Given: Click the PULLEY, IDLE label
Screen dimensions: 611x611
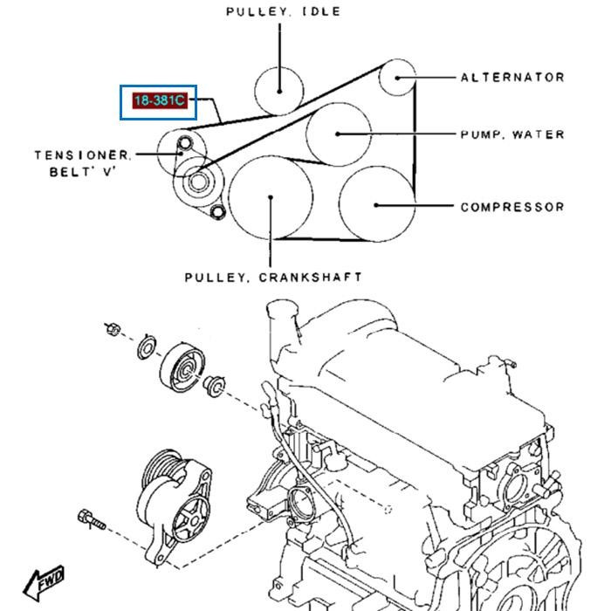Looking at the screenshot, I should coord(283,12).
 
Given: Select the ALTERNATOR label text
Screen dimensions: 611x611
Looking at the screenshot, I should coord(512,77).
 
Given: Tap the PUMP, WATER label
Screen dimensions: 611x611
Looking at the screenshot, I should coord(512,134).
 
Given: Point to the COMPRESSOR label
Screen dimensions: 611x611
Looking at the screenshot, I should coord(512,207).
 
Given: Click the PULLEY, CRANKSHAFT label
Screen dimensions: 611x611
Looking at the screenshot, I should coord(273,278).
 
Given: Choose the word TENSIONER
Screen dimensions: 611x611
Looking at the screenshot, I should coord(84,155).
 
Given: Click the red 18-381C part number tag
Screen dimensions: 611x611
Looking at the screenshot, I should coord(159,101).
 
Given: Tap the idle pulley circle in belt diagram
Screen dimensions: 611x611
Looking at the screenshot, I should coord(279,88).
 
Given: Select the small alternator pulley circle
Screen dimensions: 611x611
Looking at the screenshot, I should coord(397,76).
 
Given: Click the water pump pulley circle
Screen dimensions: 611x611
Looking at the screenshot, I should coord(338,134).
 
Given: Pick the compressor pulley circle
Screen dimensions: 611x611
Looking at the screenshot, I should coord(375,204).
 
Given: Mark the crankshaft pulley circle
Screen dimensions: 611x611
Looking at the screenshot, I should coord(271,197).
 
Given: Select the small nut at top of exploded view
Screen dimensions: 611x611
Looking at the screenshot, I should coord(112,329).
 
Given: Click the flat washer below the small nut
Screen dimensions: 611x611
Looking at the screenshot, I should coord(147,348).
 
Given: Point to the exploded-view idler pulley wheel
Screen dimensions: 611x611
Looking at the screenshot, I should coord(181,370).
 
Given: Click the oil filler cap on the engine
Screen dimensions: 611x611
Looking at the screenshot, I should coord(282,312).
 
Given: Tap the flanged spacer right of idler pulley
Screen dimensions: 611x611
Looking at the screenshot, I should coord(214,385).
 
